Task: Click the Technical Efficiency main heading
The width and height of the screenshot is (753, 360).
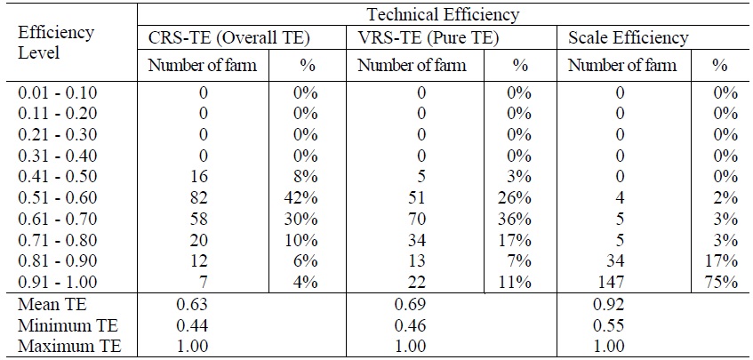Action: (x=443, y=14)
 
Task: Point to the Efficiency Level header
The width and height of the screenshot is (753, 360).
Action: (x=56, y=42)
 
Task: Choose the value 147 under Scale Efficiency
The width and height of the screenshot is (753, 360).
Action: (x=620, y=283)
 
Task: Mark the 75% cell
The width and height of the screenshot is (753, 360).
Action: (x=724, y=283)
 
